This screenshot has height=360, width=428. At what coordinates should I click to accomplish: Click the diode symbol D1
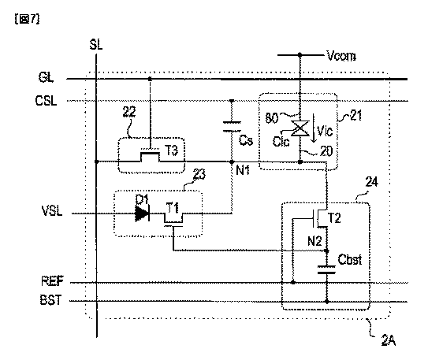point(142,213)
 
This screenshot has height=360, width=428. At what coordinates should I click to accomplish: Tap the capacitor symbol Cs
point(232,127)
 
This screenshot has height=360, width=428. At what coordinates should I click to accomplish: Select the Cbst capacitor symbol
point(326,269)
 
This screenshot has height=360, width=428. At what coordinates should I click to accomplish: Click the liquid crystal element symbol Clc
point(300,128)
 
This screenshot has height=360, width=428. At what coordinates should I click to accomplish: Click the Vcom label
point(341,56)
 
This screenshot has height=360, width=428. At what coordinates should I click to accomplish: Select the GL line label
point(46,77)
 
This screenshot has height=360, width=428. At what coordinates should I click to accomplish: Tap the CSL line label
point(47,101)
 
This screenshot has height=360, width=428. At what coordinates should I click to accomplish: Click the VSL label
point(52,211)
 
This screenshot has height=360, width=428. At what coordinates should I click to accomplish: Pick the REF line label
point(52,281)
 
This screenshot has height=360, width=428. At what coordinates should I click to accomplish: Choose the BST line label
point(51,299)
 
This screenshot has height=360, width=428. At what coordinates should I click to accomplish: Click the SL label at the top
point(96,44)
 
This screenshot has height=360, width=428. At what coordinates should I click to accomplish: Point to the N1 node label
point(243,170)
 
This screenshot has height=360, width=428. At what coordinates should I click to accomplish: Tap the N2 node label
point(314,241)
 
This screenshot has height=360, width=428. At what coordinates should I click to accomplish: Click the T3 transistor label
point(171,150)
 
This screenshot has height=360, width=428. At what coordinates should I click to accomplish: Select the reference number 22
point(129,112)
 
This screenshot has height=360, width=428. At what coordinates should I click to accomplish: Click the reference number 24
point(372,182)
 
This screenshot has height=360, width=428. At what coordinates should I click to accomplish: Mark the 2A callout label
point(389,340)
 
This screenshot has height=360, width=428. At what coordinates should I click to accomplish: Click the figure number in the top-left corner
point(27,19)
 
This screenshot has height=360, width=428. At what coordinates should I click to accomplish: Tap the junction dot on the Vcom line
point(300,55)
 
